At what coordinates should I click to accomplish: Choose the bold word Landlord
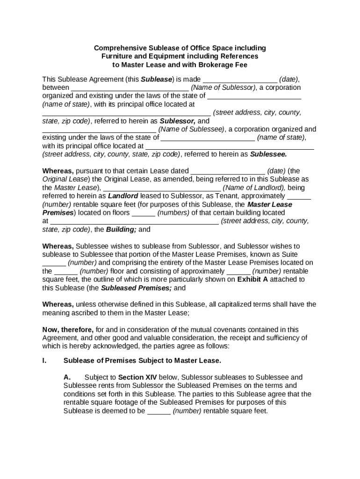click(x=123, y=196)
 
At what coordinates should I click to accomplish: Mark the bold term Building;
click(x=122, y=230)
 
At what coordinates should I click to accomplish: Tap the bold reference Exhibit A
click(x=252, y=280)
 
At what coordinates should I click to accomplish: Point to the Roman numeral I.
click(x=44, y=361)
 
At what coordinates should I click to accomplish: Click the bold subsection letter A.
click(x=67, y=377)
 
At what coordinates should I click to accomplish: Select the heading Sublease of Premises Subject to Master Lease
click(x=142, y=361)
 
